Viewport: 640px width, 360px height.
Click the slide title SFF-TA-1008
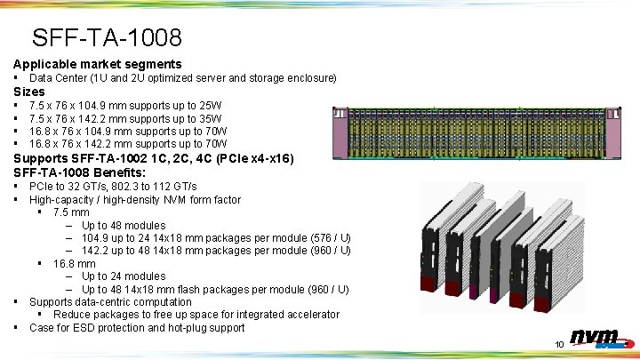tap(107, 37)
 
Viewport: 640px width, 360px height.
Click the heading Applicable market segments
tap(97, 64)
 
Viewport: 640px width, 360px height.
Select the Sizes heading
tap(29, 92)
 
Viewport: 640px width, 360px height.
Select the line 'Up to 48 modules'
tap(124, 226)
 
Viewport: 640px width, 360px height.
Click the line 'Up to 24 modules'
tap(124, 276)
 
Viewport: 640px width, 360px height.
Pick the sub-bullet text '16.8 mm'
tap(75, 264)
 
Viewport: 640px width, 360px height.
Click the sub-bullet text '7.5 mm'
tap(71, 212)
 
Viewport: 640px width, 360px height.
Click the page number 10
tap(559, 344)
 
